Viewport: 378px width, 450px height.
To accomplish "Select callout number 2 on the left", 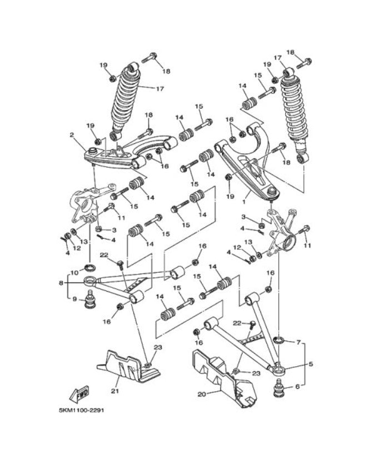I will click(x=72, y=134).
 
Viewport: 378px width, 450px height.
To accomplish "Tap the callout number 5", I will click(x=311, y=364).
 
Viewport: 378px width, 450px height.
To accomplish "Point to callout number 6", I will click(x=298, y=387).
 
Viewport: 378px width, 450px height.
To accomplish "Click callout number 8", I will click(x=61, y=283).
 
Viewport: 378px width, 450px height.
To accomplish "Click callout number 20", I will click(x=201, y=394).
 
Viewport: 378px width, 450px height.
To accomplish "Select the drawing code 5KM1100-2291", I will click(x=82, y=411).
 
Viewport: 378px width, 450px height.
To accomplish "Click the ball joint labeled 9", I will click(x=88, y=302).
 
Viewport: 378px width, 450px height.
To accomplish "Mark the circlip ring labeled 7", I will click(x=280, y=339).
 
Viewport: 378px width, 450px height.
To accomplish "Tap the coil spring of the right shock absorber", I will click(x=294, y=113).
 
